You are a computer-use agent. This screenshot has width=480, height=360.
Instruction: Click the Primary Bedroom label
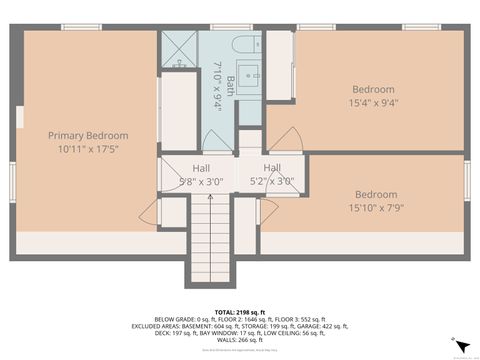[x=88, y=135]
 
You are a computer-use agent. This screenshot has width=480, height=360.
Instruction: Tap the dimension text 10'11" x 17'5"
[x=88, y=149]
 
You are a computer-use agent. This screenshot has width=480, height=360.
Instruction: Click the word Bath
[x=229, y=83]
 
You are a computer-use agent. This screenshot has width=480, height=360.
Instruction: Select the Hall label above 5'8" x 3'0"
[x=201, y=168]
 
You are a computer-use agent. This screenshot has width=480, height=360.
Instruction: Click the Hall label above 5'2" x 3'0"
[x=272, y=168]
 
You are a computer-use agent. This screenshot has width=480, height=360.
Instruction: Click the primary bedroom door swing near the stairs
[x=150, y=212]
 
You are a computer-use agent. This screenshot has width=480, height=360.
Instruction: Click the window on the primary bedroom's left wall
[x=18, y=115]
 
